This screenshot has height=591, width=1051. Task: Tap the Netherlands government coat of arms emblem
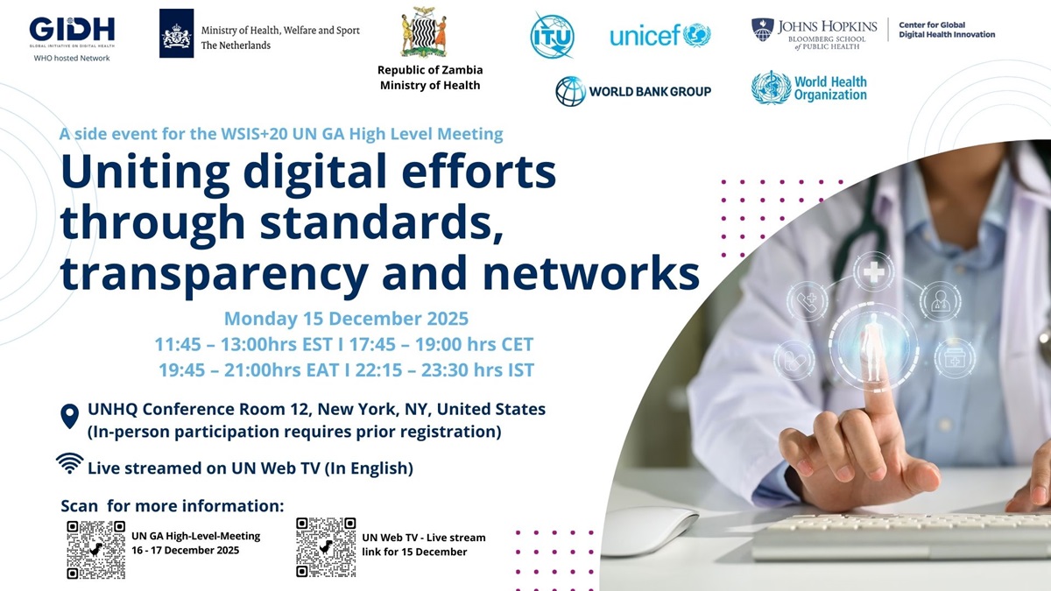click(176, 33)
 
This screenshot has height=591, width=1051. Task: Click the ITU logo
click(552, 35)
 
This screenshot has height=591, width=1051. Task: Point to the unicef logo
click(660, 35)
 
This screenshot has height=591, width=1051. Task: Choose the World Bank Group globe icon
click(570, 91)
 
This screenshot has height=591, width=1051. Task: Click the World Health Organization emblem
click(771, 88)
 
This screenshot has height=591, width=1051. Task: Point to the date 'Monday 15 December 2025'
click(346, 318)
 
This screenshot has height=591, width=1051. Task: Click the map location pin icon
click(70, 416)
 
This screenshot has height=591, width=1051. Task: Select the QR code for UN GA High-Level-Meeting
click(96, 549)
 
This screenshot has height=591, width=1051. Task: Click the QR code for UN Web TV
click(326, 547)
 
